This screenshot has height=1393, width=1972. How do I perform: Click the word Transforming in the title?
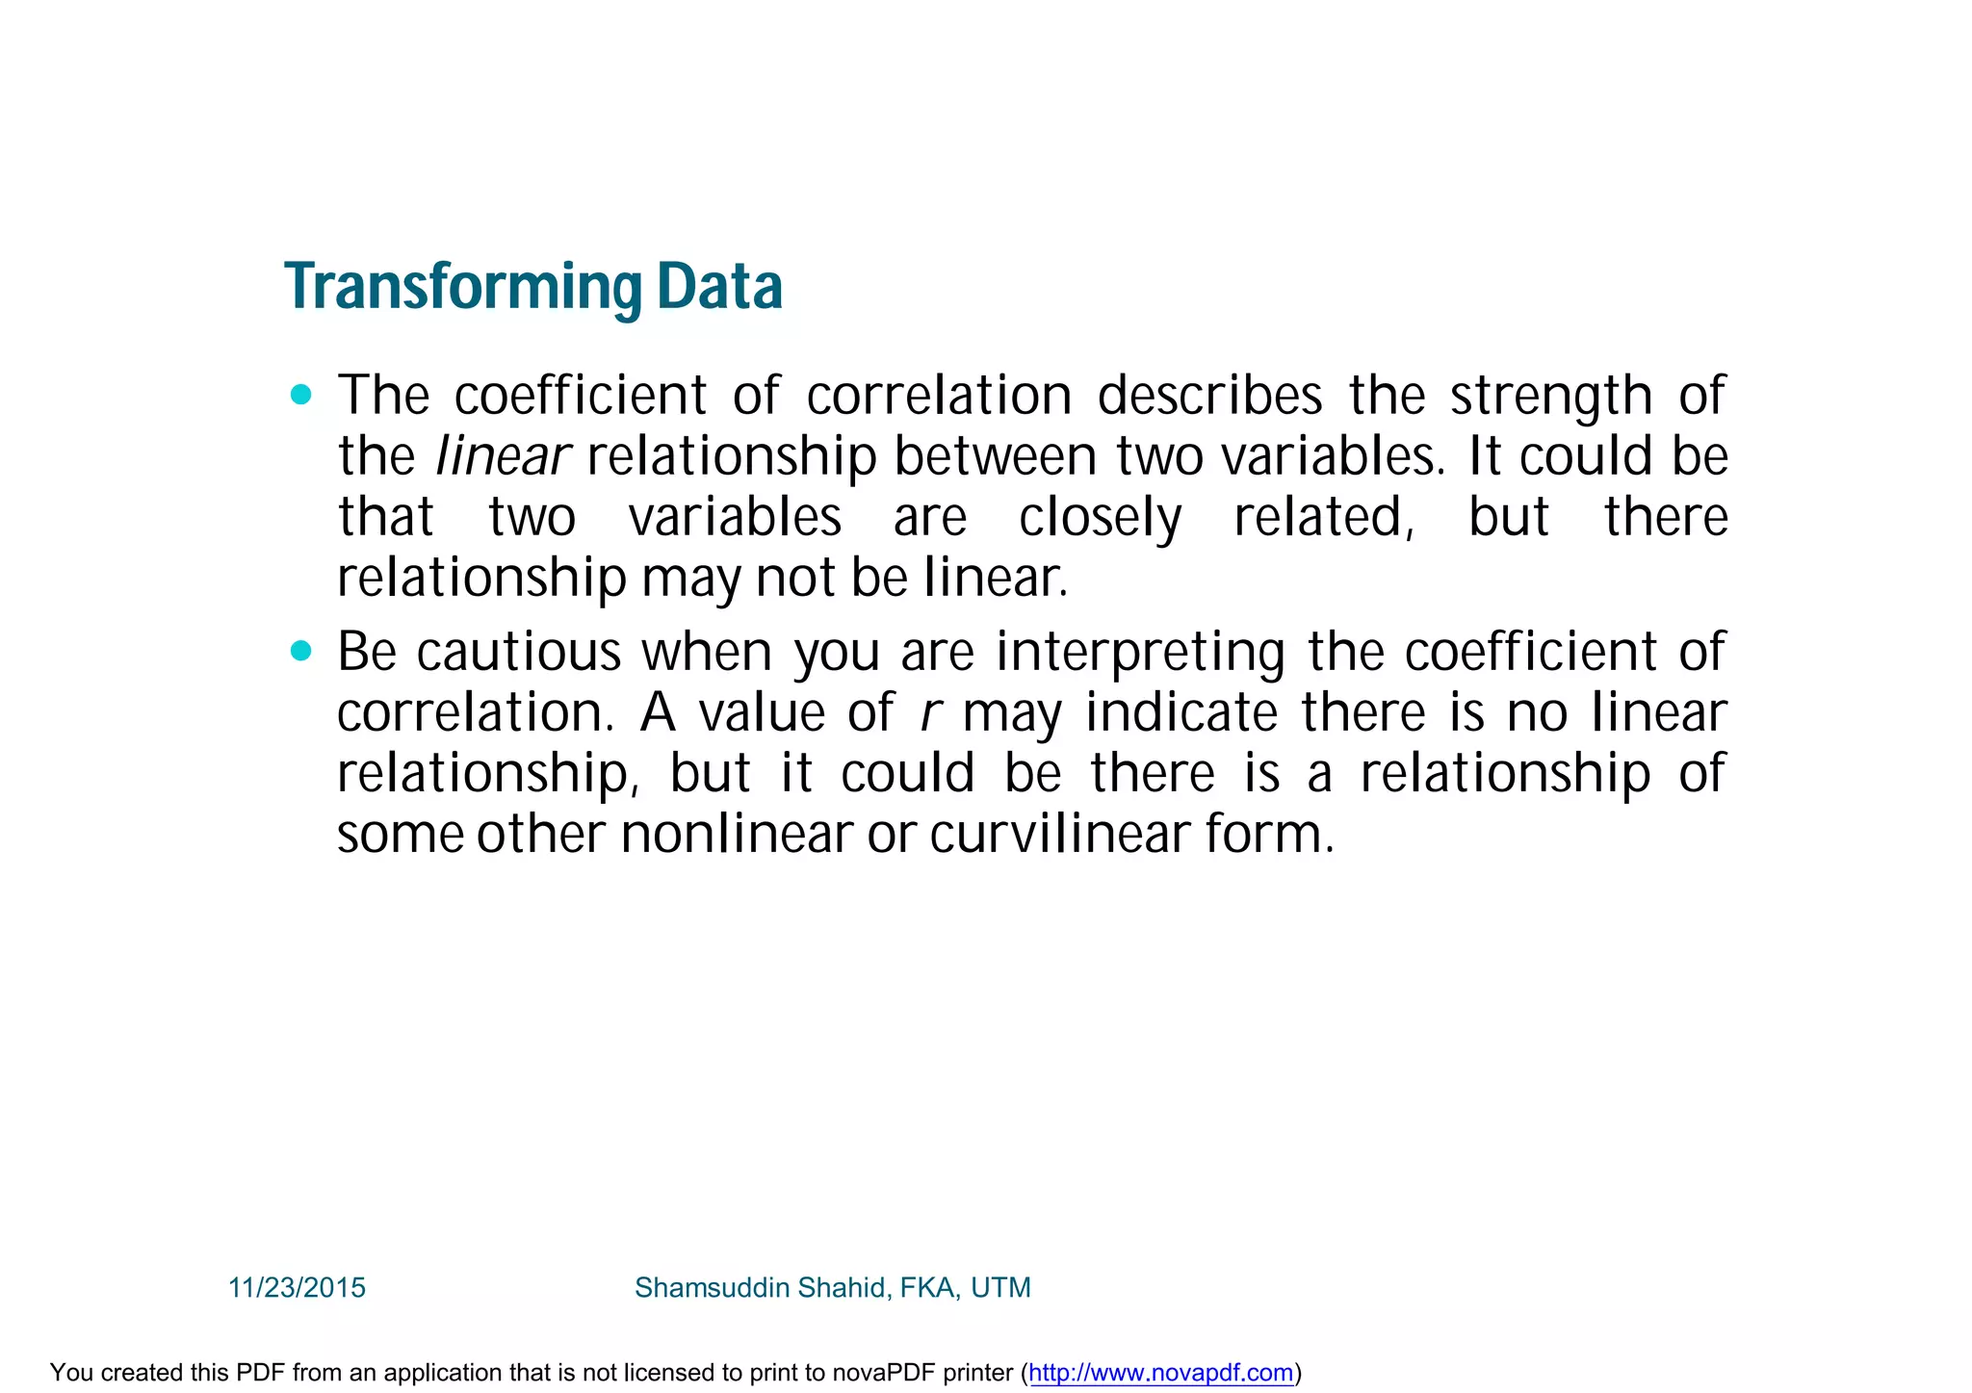click(463, 287)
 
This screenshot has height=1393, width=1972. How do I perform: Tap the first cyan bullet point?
click(301, 395)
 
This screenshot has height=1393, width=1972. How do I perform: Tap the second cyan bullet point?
click(301, 652)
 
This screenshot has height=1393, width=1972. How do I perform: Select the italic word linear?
click(503, 456)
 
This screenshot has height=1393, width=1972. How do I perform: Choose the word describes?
click(1209, 396)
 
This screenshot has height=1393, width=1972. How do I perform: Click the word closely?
click(1100, 518)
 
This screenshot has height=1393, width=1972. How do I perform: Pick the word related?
click(1323, 518)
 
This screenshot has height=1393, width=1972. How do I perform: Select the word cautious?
click(519, 652)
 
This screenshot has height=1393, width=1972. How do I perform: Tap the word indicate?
click(1181, 713)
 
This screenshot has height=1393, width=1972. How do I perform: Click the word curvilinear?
click(1059, 834)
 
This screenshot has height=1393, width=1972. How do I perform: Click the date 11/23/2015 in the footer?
click(297, 1288)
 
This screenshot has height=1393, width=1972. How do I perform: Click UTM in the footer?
click(1000, 1288)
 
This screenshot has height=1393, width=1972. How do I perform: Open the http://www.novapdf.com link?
click(1160, 1373)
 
